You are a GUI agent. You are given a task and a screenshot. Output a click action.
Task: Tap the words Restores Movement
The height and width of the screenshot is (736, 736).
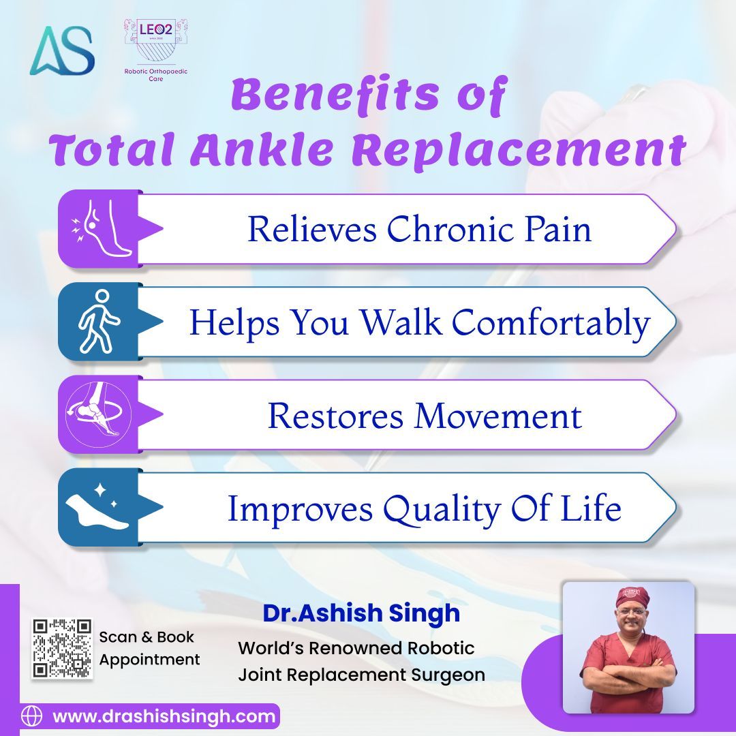click(x=424, y=415)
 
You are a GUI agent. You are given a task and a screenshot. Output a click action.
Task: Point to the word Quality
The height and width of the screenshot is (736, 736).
click(x=442, y=509)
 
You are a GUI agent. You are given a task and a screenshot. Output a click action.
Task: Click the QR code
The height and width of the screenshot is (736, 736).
click(x=62, y=648)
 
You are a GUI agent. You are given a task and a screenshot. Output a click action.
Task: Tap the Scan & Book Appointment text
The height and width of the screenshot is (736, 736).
click(x=149, y=648)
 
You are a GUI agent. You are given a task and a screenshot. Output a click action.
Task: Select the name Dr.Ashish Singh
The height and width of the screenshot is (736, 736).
click(x=361, y=613)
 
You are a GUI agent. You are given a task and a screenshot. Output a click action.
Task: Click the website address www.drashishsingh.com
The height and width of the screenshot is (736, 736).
click(x=164, y=716)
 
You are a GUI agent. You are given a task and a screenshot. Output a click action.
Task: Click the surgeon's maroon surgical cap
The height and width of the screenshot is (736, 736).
click(x=628, y=598)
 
